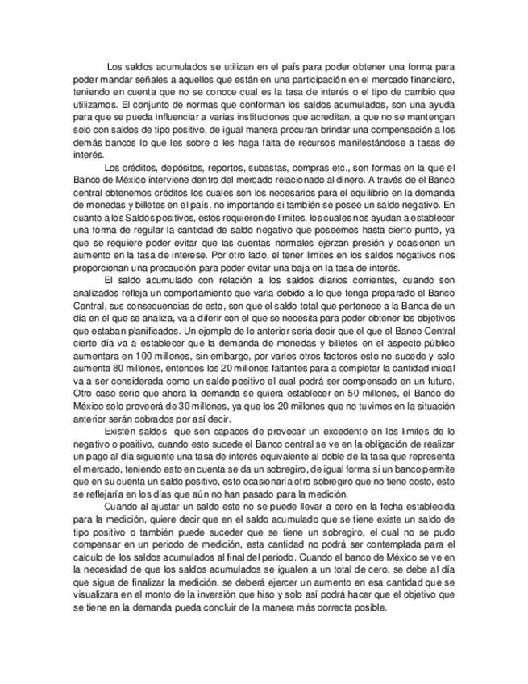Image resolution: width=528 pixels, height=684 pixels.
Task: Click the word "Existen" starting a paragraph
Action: tap(122, 432)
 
